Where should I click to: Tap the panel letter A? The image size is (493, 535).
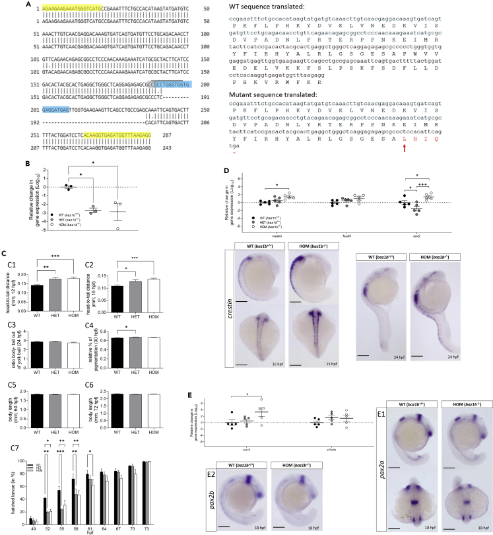coord(6,5)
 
